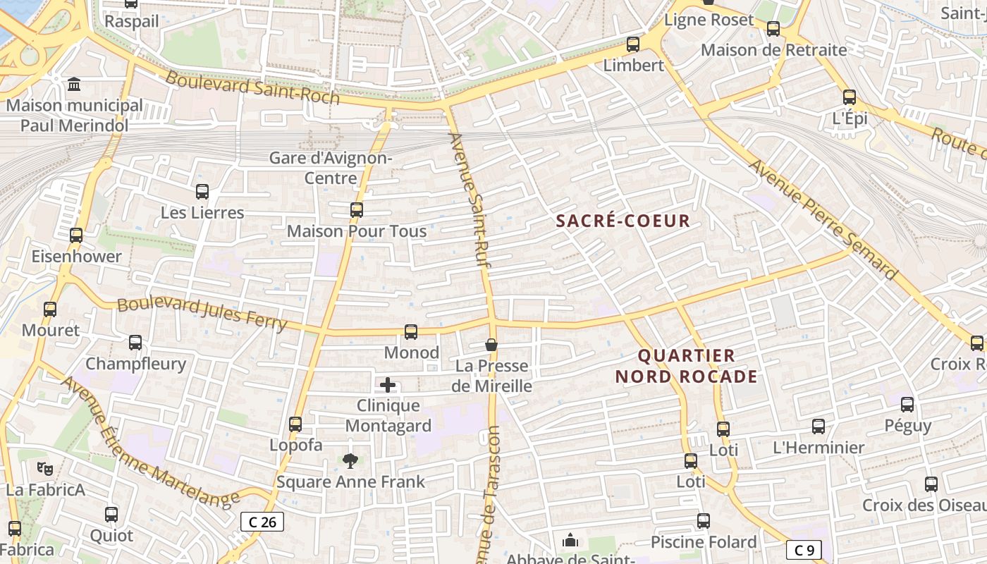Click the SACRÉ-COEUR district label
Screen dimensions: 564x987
(x=623, y=221)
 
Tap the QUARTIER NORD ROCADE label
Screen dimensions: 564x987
(x=687, y=366)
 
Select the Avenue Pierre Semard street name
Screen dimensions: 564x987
(x=822, y=219)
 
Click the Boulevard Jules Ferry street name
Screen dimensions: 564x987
(x=202, y=314)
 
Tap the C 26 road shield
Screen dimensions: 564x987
(x=262, y=522)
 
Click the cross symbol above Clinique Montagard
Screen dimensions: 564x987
(x=388, y=385)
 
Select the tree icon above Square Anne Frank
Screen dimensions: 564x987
(x=350, y=461)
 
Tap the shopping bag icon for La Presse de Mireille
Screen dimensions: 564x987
(x=491, y=345)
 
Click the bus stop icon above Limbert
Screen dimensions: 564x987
(x=633, y=44)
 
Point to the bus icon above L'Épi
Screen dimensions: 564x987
(x=850, y=97)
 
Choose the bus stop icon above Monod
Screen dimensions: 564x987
(x=411, y=331)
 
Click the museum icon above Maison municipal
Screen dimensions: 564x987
(x=74, y=85)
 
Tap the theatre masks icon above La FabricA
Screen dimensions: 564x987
(x=45, y=468)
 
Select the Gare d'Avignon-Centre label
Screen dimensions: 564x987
(x=331, y=168)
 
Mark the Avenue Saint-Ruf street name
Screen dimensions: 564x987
(x=470, y=201)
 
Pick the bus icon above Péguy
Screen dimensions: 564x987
(x=907, y=405)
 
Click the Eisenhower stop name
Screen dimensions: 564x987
(x=77, y=256)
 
